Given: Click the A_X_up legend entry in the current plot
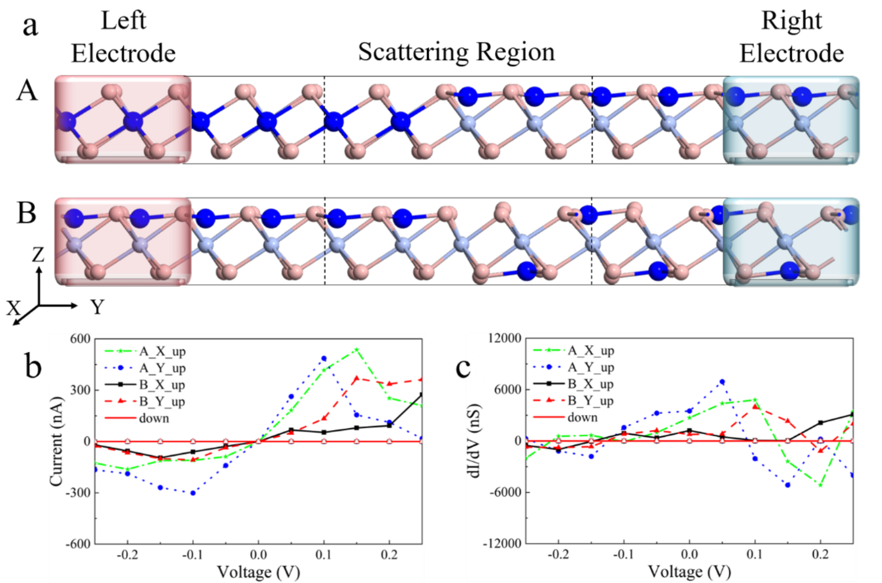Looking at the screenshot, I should coord(163,351).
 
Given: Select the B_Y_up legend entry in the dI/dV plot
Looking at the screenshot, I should coord(591,401).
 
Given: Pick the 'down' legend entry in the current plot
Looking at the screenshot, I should coord(154,418).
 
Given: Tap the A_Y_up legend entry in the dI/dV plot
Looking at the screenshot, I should coord(591,368).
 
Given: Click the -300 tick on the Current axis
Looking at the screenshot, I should coord(78,493).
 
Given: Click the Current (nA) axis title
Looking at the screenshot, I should coord(57,441).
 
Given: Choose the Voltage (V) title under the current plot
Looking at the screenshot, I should coord(258,571).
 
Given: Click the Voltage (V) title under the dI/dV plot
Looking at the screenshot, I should coord(689,571).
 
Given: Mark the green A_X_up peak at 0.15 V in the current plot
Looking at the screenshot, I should coord(356,349).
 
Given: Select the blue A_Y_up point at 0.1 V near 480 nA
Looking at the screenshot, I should coord(324,359).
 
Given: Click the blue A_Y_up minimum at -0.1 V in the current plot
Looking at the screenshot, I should coord(193,493).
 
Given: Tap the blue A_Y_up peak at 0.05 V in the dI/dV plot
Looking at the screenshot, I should coord(722,381).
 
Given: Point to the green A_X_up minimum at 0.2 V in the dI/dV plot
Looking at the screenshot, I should coord(821,485).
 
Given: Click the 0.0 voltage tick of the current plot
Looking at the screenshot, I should coord(258,554).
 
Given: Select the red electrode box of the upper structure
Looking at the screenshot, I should coord(123,120).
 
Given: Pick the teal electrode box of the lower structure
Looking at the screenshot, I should coord(791,242).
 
